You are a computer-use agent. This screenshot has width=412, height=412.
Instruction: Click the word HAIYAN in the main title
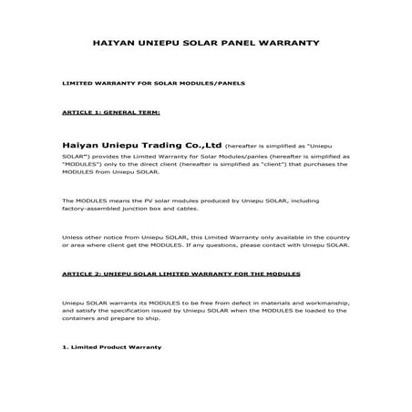pyautogui.click(x=114, y=43)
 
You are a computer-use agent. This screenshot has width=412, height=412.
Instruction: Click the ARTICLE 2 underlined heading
pyautogui.click(x=180, y=273)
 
